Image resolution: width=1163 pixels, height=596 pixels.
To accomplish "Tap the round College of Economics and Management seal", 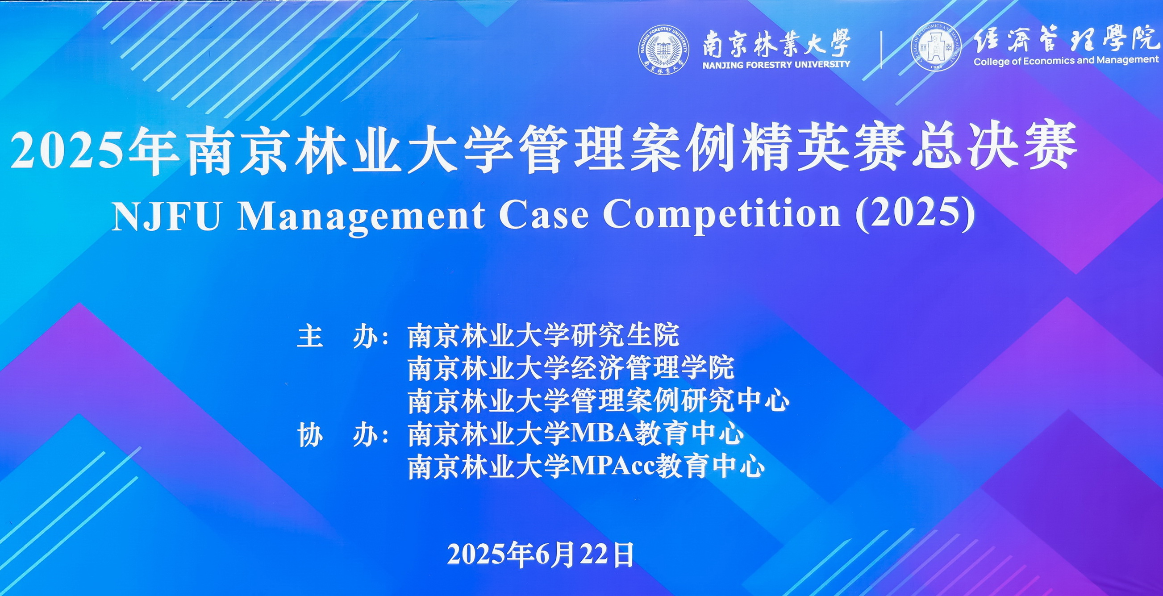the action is click(x=936, y=46).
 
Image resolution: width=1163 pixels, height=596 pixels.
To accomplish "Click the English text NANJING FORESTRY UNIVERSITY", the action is click(x=776, y=65).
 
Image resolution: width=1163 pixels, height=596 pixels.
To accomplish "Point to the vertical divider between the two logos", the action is click(x=881, y=49).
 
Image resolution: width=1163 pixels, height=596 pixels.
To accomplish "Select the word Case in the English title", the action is click(x=544, y=215).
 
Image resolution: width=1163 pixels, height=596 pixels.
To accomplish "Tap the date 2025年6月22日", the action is click(x=541, y=554).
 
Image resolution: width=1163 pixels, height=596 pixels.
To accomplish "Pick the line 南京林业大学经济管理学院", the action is click(x=571, y=368).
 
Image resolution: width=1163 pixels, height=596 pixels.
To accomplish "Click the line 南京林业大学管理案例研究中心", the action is click(x=599, y=400).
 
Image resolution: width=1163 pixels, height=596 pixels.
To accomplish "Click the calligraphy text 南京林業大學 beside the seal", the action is click(x=776, y=43).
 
